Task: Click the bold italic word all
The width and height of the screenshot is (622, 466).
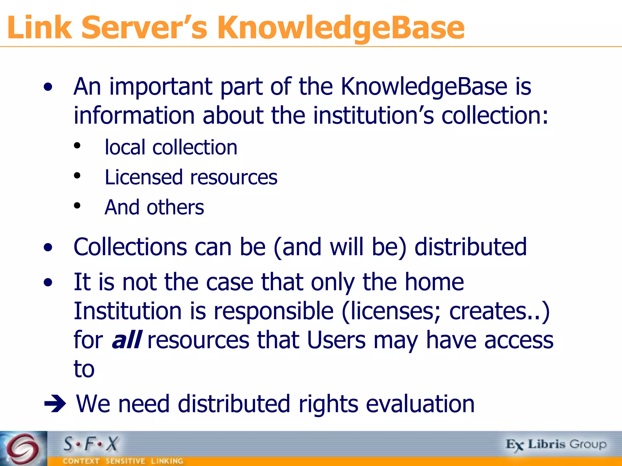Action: coord(126,340)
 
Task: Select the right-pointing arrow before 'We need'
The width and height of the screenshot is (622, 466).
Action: coord(55,404)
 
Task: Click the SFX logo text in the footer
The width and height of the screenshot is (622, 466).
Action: coord(91,444)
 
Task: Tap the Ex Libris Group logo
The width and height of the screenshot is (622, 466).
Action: coord(556,444)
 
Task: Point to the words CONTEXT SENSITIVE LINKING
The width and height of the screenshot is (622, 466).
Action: coord(123,461)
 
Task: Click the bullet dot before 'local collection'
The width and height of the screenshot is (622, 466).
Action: coord(77,146)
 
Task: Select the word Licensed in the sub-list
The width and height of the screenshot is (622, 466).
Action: coord(143,177)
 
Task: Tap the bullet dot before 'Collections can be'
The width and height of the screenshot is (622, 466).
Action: coord(48,248)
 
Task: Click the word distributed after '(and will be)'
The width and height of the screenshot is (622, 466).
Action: coord(470,247)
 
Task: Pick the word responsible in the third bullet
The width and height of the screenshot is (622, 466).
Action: coord(273,311)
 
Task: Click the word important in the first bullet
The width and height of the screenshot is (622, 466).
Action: coord(161,87)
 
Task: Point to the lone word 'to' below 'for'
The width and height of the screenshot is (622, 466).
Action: coord(84,369)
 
